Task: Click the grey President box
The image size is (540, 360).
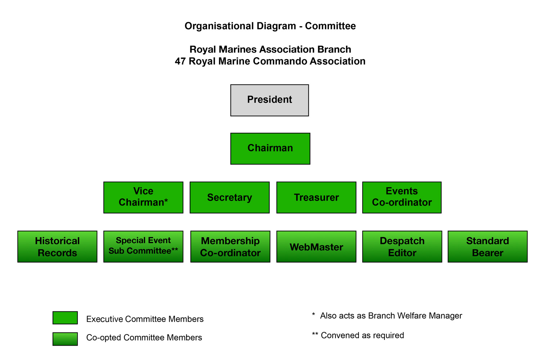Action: (269, 100)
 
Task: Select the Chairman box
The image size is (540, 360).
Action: (270, 148)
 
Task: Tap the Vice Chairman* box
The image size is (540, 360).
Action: (143, 197)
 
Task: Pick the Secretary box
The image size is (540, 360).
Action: (229, 197)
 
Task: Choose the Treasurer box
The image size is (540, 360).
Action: (316, 197)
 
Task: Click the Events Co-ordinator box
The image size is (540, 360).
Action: (402, 197)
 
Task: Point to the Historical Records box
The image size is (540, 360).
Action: (57, 247)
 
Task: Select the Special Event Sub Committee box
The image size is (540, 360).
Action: (143, 247)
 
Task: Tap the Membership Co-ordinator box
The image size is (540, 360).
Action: (230, 247)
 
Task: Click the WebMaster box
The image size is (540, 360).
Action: (316, 247)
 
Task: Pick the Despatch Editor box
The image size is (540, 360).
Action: (402, 247)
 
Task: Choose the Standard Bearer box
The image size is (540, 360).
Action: (487, 247)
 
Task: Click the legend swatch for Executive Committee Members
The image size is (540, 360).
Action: (65, 318)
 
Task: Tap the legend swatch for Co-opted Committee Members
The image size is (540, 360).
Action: (65, 339)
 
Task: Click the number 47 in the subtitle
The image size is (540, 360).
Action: (180, 61)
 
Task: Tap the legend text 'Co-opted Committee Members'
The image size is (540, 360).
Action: (144, 338)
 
